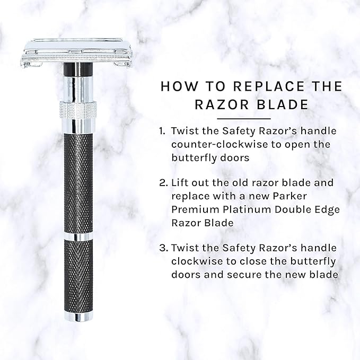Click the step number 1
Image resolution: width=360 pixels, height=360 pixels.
pos(162,131)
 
